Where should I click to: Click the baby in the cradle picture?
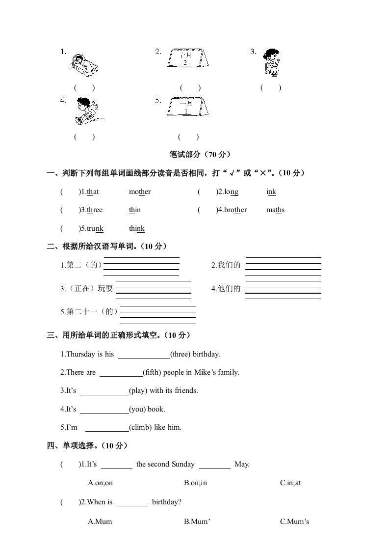[x=84, y=64]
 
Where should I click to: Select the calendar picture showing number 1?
[x=186, y=107]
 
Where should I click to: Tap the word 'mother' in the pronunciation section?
[x=140, y=192]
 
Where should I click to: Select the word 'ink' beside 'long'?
[x=271, y=192]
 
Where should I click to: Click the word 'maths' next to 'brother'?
[x=275, y=210]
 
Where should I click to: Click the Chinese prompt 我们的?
[x=226, y=265]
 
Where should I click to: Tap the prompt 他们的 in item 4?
[x=226, y=289]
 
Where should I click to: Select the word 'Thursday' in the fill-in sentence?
[x=81, y=354]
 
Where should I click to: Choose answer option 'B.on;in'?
[x=196, y=483]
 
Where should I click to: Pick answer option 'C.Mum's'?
[x=294, y=522]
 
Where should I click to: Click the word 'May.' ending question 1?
[x=242, y=464]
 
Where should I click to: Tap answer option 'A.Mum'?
[x=100, y=522]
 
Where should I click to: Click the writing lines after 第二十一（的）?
[x=158, y=315]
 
